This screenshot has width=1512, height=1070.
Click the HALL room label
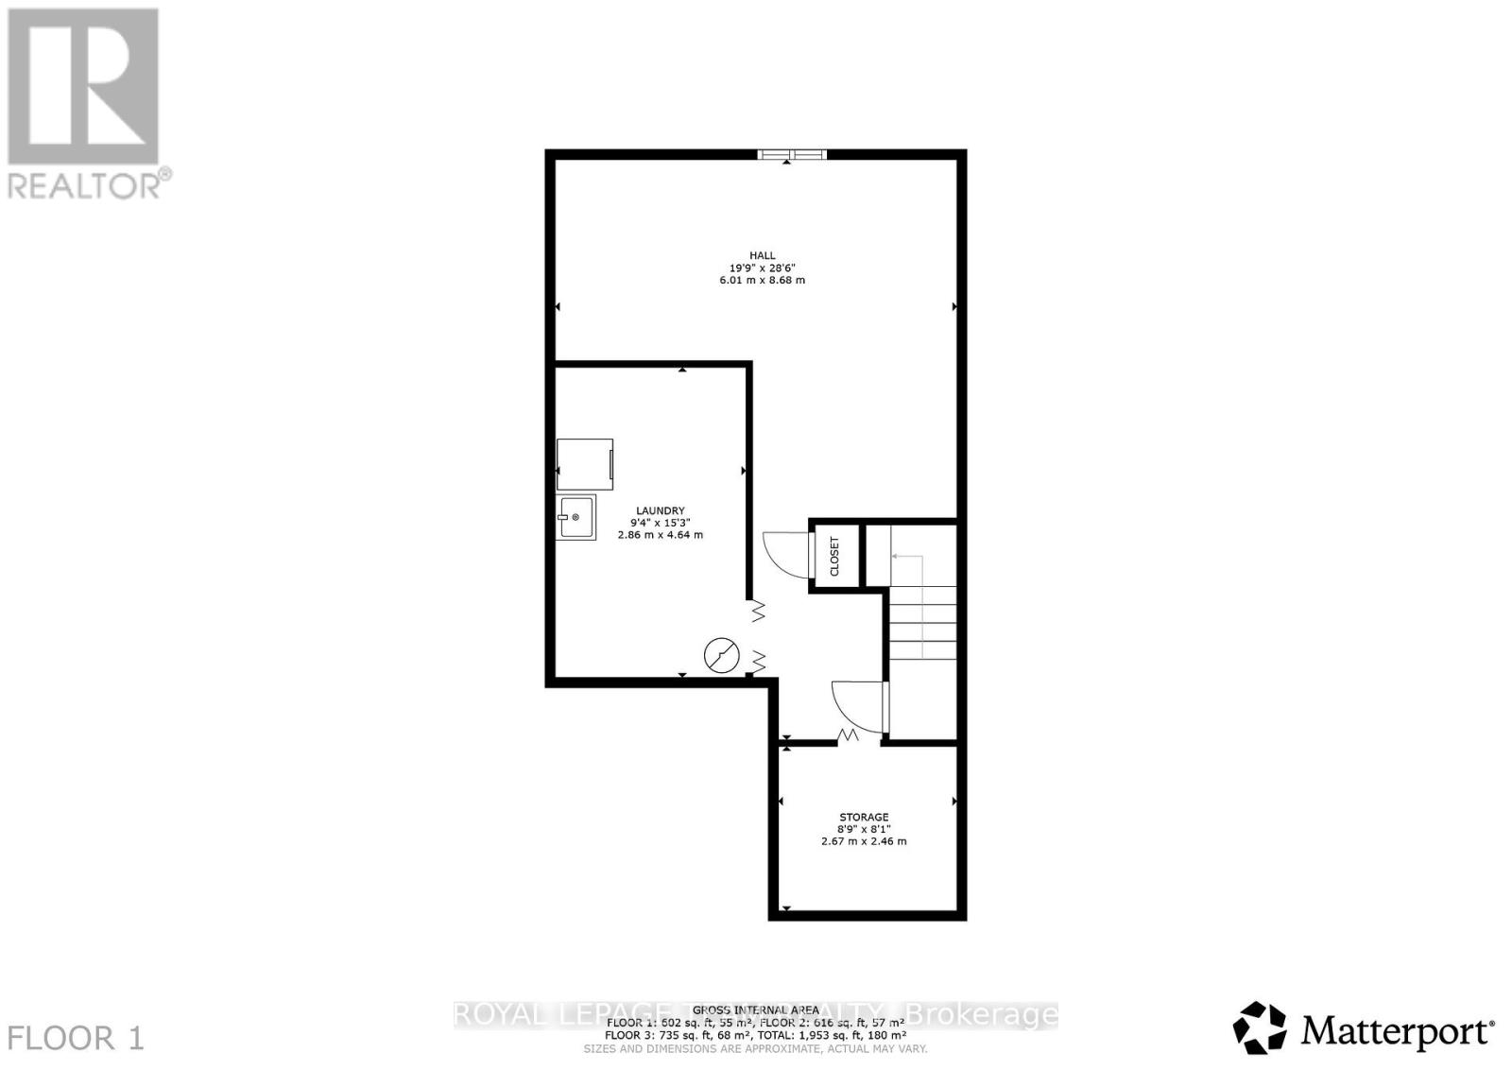coord(762,255)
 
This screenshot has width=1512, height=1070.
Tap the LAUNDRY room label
coord(660,510)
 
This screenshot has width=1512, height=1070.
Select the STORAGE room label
coord(864,817)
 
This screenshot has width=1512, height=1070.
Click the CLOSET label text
coord(834,557)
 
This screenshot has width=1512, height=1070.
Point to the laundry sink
coord(576,517)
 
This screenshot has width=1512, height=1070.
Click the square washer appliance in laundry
coord(585,464)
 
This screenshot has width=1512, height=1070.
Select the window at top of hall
coord(792,154)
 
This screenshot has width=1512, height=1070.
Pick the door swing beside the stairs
coord(856,704)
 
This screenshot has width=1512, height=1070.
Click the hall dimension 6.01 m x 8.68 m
coord(762,280)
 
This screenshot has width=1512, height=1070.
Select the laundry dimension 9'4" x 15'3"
coord(660,523)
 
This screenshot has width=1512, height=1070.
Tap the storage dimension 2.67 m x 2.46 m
coord(864,841)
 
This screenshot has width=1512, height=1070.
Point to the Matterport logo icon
coord(1260,1027)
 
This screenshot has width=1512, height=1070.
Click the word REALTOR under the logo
coord(85,185)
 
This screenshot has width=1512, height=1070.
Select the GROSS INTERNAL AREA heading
coord(752,1010)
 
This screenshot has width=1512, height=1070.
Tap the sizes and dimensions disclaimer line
coord(754,1049)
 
